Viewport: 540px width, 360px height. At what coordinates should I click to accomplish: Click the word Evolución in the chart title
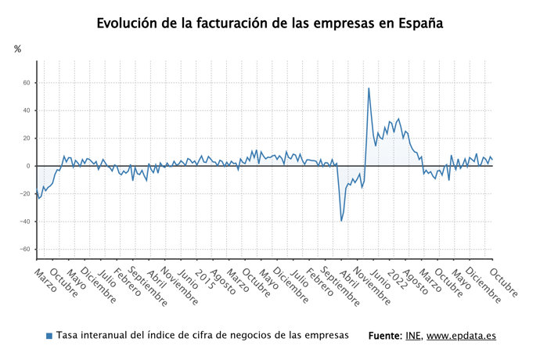128,23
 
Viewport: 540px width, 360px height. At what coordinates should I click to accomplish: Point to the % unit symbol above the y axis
18,49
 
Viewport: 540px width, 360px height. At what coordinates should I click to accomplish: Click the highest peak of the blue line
369,88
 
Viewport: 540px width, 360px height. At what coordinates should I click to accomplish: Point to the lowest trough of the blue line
341,221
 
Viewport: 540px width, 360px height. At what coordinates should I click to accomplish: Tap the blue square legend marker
49,336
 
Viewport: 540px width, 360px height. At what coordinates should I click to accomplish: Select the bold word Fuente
384,336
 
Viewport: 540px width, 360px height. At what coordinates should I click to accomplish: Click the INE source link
413,336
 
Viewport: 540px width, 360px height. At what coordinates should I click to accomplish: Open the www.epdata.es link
461,336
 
